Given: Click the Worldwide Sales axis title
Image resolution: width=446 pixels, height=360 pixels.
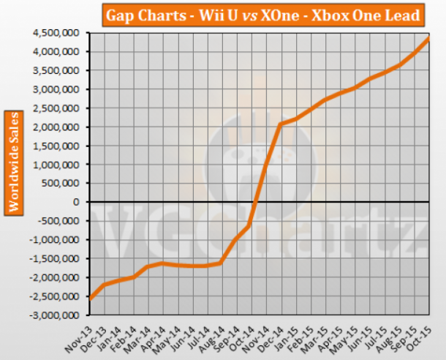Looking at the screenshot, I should pos(13,162).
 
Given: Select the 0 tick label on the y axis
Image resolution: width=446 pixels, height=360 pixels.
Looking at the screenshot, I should pos(76,201).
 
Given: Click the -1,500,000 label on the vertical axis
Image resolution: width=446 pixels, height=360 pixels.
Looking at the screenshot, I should pos(56,258).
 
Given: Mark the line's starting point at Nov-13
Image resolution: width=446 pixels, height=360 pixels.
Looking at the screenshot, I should pos(90,298).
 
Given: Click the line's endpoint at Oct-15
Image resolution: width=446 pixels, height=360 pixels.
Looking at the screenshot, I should pos(428,38).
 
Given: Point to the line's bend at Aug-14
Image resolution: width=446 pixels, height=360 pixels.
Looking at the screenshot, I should pos(222,262).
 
